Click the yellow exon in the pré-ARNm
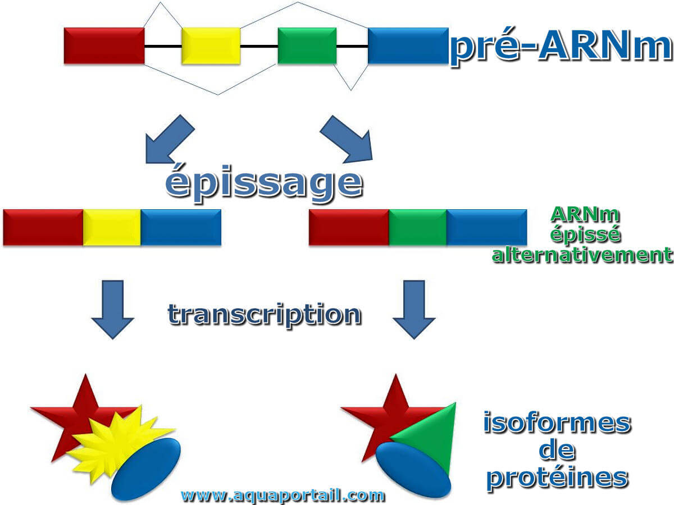tap(211, 46)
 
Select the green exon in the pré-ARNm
tap(307, 46)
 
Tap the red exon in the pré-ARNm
tap(104, 46)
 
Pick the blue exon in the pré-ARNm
tap(408, 46)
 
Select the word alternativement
tap(582, 255)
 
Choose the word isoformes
tap(557, 423)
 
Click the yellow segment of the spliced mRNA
tap(112, 227)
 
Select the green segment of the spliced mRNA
tap(418, 227)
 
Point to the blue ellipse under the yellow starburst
tap(146, 469)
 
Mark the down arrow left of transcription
tap(113, 309)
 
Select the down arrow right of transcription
tap(414, 309)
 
